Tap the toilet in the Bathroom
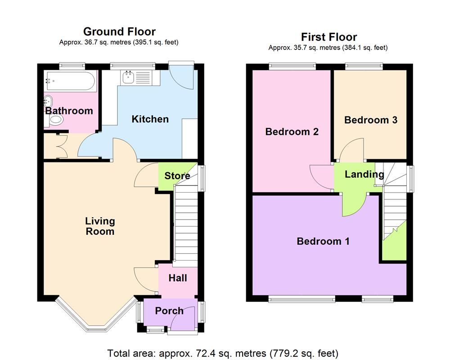coord(56,120)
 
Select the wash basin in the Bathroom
coord(49,101)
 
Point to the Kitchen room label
coord(150,119)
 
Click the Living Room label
coord(100,226)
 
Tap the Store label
coord(177,175)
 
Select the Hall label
coord(177,278)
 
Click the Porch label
coord(169,310)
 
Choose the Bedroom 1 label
coord(323,241)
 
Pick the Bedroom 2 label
coord(292,132)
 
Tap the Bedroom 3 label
coord(370,120)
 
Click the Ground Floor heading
coord(119,31)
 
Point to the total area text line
coord(223,353)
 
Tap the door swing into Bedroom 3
coord(352,151)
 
